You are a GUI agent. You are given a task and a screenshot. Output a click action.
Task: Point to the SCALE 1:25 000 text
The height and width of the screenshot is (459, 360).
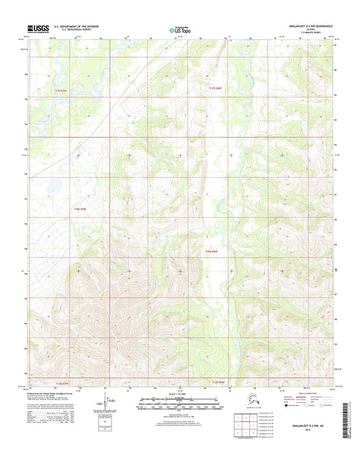179,394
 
